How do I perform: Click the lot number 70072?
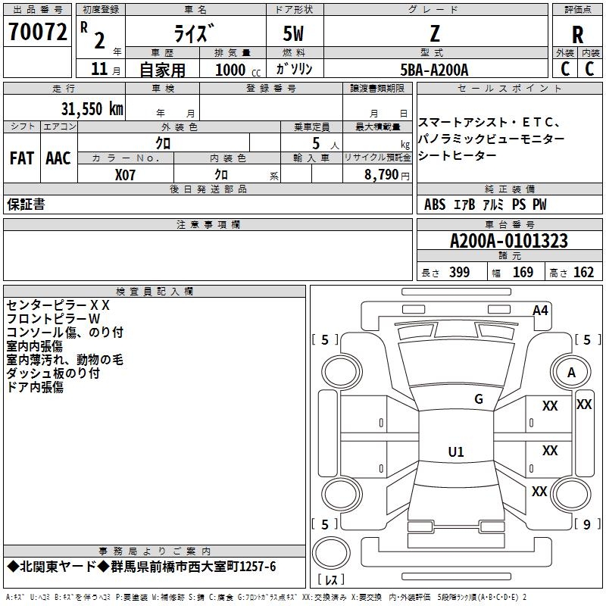(37, 32)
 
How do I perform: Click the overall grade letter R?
(577, 35)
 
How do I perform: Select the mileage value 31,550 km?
(92, 109)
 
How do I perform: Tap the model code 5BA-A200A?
(434, 70)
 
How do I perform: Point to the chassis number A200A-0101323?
(509, 241)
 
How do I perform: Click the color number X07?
(125, 175)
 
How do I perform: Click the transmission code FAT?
(22, 158)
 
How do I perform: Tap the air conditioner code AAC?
(58, 158)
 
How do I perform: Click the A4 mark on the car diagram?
(540, 311)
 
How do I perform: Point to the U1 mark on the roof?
(456, 451)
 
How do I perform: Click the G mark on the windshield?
(479, 399)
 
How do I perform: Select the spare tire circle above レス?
(331, 553)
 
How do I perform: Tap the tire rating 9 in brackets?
(587, 524)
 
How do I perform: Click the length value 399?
(459, 272)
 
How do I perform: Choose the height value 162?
(583, 272)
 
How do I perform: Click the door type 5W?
(293, 33)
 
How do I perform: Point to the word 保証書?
(26, 205)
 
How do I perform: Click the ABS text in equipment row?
(435, 205)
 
